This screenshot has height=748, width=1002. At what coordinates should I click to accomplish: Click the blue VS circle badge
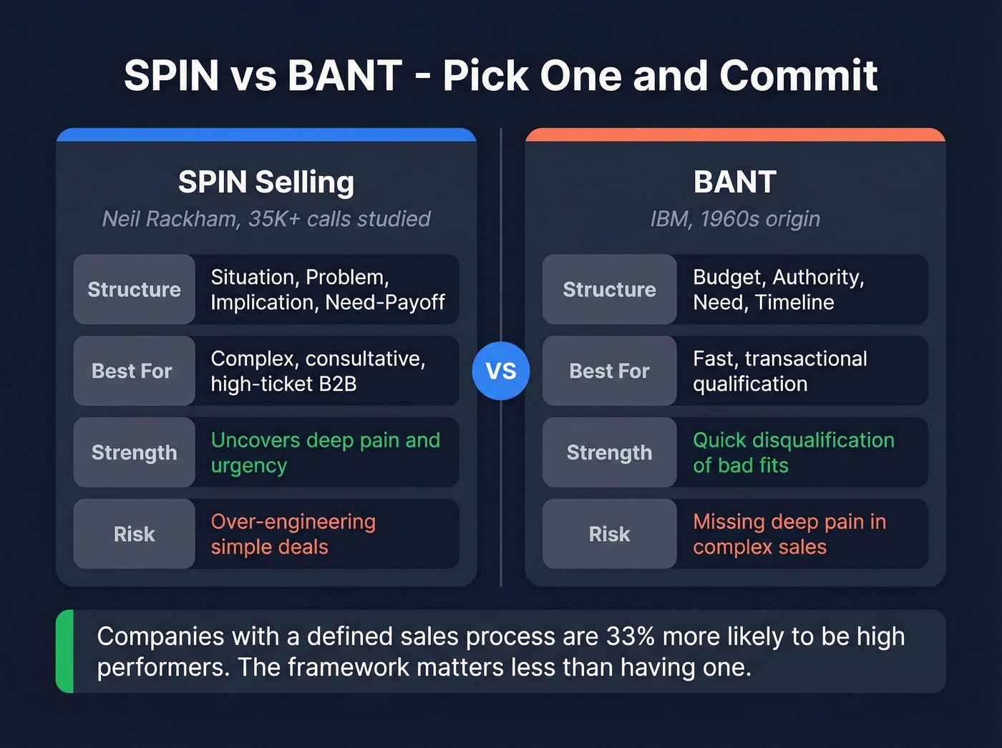tap(501, 371)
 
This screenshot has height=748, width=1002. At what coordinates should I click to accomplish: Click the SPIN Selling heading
tap(266, 182)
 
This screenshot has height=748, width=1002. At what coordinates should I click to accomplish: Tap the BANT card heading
tap(735, 182)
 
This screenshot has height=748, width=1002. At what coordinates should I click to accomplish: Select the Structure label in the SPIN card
tap(135, 289)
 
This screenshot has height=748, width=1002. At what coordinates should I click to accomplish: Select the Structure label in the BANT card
tap(609, 289)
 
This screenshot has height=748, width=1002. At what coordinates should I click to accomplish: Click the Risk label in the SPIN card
tap(135, 534)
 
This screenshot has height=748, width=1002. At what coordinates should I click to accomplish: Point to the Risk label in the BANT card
tap(609, 534)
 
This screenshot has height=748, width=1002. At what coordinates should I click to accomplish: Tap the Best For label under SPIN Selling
tap(132, 371)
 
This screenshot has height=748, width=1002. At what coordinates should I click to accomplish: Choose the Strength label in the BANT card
tap(609, 452)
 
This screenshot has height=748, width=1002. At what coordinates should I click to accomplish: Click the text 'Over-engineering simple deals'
tap(293, 534)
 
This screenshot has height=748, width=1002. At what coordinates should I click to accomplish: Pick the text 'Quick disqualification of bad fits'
tap(793, 452)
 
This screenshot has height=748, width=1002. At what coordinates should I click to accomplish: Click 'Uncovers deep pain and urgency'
tap(325, 452)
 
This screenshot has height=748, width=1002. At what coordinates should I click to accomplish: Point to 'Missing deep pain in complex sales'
tap(789, 534)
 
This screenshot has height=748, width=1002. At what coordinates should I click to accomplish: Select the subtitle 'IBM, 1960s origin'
tap(735, 219)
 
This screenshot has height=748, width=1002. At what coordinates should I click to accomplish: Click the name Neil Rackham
tap(170, 219)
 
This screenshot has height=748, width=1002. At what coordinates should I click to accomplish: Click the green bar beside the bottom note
tap(64, 651)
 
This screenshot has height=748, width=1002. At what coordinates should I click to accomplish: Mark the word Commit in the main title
tap(798, 75)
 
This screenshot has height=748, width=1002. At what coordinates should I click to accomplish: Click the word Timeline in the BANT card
tap(794, 302)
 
